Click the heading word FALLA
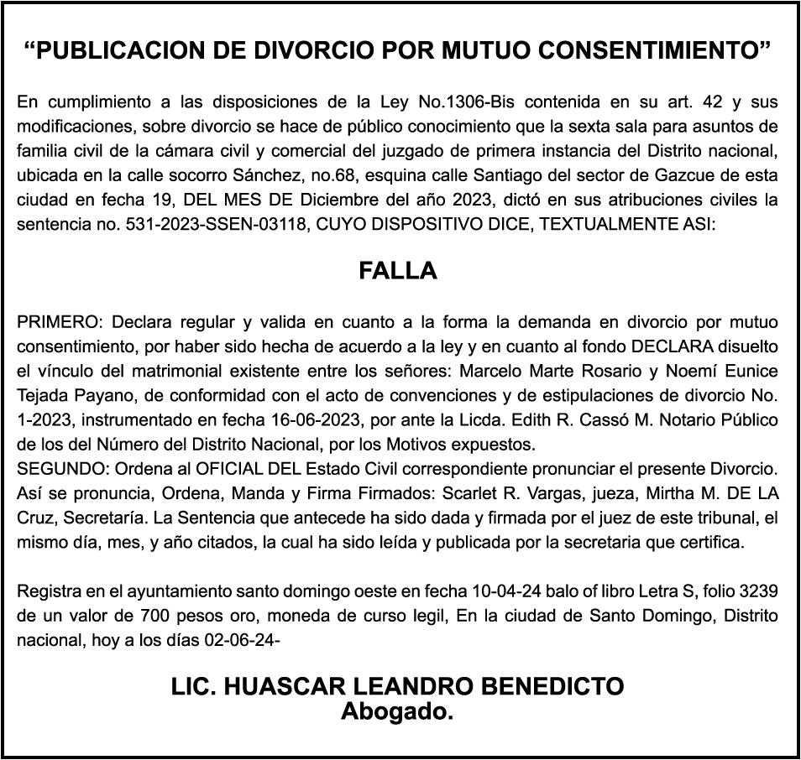[398, 272]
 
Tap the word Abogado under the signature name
[397, 713]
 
